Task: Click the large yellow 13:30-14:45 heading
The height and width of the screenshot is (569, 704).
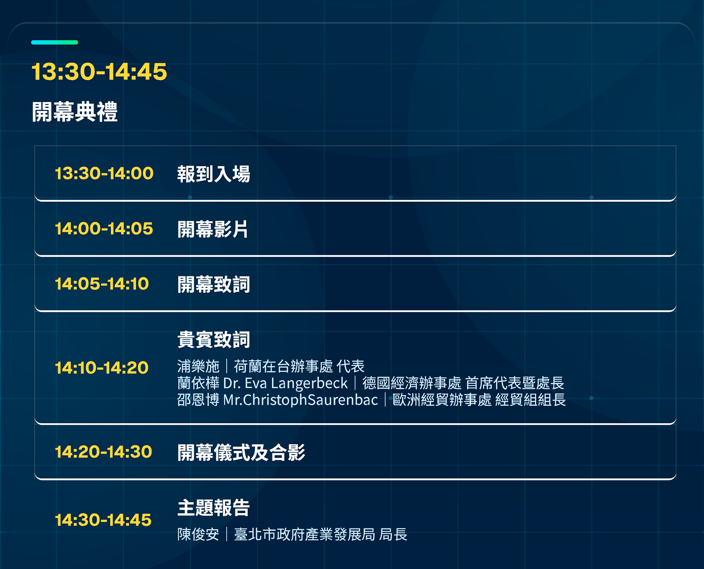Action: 99,71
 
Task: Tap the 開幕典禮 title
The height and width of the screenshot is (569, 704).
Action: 75,112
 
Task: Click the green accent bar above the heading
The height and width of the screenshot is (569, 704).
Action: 55,42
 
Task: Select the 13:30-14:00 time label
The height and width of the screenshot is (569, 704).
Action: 104,173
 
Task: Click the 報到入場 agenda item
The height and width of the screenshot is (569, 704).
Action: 213,174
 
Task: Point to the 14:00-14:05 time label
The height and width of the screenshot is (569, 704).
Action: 104,228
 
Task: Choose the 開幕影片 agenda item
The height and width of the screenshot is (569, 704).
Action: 213,229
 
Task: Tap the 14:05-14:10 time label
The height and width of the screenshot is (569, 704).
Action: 102,284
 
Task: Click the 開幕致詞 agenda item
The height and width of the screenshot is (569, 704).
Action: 213,284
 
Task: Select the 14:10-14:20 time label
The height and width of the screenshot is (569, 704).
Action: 102,367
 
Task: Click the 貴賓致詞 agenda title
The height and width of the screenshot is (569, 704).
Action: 213,340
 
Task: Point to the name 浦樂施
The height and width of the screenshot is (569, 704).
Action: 198,366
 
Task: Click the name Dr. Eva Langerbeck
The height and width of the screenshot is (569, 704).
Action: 285,383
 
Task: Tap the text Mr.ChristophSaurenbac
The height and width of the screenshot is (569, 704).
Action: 301,400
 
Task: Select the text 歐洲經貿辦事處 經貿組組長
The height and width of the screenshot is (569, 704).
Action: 479,400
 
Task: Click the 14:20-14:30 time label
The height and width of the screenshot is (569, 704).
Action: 103,452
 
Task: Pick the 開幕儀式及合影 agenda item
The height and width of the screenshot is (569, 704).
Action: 241,452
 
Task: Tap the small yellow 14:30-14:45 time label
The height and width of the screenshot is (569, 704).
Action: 103,520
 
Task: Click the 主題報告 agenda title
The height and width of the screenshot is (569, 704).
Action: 213,507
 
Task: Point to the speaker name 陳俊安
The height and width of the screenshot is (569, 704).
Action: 198,534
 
